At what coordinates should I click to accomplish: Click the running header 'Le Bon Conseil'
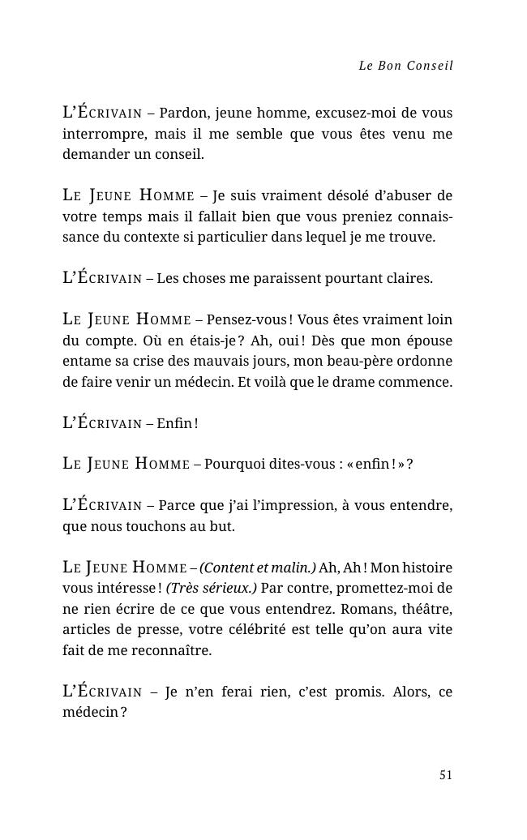(405, 66)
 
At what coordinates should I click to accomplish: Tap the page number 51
(445, 775)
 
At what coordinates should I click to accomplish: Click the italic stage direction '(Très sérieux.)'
(211, 588)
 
